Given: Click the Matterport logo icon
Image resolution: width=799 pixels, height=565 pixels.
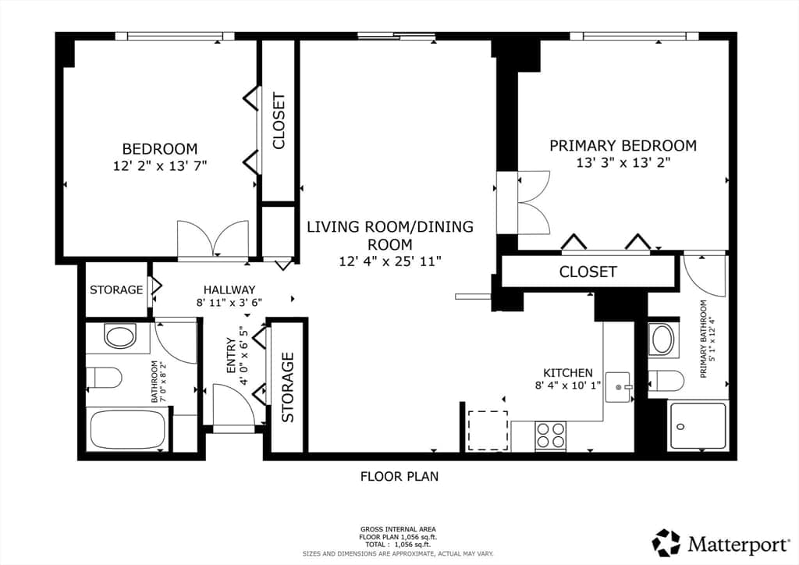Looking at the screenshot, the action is (x=666, y=542).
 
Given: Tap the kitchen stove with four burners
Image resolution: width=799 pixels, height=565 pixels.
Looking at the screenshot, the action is (x=550, y=435).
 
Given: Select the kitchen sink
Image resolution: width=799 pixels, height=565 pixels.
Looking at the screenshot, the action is (x=619, y=387).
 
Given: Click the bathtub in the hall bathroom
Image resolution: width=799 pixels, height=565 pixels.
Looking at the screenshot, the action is (x=128, y=429).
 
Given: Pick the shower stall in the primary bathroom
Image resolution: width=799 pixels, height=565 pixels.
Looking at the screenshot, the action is (x=698, y=426).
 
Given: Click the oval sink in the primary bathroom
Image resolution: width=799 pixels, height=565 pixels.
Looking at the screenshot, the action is (x=663, y=339).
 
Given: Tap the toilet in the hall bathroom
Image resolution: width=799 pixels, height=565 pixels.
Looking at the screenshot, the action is (x=104, y=378).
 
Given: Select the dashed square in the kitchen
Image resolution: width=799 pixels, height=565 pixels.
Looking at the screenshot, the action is (x=488, y=431).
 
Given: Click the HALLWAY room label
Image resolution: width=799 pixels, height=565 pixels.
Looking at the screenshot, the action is (x=229, y=290).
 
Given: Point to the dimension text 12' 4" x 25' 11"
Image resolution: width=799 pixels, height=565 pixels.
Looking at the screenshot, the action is (x=390, y=261).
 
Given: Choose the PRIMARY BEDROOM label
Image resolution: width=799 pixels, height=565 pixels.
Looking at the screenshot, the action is (x=623, y=146).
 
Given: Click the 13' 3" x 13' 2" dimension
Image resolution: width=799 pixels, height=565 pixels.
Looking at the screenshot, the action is (x=623, y=162).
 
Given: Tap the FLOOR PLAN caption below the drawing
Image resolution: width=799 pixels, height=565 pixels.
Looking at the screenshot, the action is (x=399, y=476).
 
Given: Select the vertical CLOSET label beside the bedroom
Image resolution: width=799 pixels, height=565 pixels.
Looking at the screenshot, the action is (x=279, y=121).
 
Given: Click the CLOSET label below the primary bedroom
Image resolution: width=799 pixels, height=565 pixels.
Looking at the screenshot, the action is (x=588, y=272).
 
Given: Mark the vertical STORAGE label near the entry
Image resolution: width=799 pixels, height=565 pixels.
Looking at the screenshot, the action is (x=288, y=387).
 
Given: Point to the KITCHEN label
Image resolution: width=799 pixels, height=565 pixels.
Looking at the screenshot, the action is (x=568, y=373).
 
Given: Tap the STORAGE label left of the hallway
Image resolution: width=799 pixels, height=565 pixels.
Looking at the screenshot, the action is (x=116, y=290).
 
